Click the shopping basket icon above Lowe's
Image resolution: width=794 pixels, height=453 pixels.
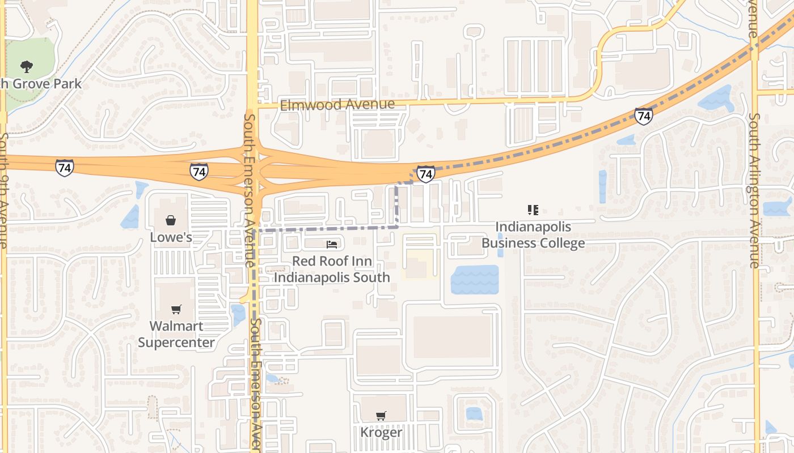click(x=170, y=220)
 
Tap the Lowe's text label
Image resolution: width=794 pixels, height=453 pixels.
click(x=171, y=237)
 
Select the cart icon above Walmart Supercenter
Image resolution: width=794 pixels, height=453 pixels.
click(x=176, y=309)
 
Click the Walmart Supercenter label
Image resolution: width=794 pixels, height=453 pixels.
click(x=176, y=334)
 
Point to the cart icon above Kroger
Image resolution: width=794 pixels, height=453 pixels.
click(x=381, y=416)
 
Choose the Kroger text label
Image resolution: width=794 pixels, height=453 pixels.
click(x=381, y=433)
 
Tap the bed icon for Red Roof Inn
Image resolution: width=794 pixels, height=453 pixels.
click(x=332, y=245)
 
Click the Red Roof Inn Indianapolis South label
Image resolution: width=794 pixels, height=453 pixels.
click(x=332, y=269)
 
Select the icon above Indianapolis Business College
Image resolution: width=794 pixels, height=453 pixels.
click(x=533, y=210)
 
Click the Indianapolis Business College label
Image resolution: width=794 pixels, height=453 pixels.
click(x=533, y=235)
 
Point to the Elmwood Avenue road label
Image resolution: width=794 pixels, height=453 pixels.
click(x=337, y=105)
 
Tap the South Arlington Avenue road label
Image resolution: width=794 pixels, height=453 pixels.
click(x=754, y=190)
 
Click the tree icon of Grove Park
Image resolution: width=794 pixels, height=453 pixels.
click(x=26, y=67)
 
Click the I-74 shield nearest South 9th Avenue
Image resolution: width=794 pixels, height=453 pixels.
click(x=65, y=168)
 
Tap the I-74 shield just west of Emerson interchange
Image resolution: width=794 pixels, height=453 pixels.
click(x=198, y=172)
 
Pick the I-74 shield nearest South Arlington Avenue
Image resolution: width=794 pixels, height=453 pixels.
click(x=643, y=116)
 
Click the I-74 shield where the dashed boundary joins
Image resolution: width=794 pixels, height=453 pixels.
click(x=425, y=174)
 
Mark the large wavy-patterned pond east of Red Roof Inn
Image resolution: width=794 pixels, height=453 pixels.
click(x=475, y=280)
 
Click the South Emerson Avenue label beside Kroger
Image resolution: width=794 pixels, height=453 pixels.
click(x=256, y=385)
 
